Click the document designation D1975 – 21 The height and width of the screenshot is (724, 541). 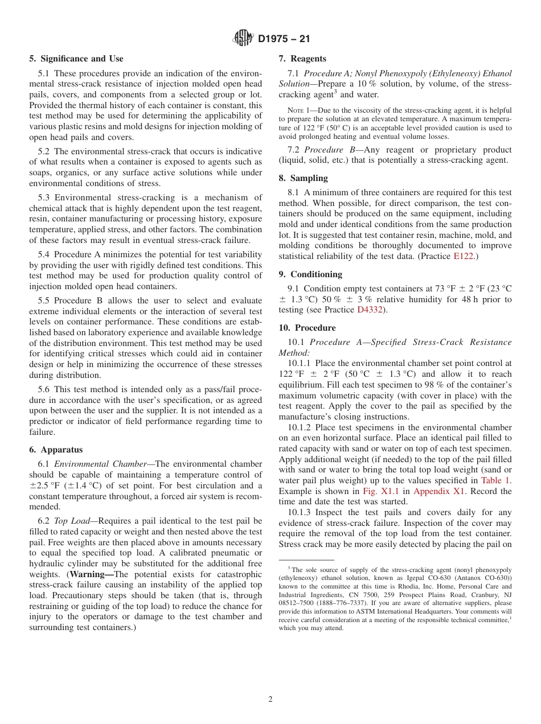coord(284,39)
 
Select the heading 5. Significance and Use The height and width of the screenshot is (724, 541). coord(76,59)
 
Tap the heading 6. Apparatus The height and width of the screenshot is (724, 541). coord(56,450)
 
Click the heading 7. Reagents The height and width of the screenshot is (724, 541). coord(302,59)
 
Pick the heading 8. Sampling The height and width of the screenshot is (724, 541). coord(303,178)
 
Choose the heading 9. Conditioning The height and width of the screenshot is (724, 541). coord(309,274)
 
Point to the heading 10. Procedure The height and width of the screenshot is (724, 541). coord(307,327)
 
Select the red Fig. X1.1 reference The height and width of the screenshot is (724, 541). coord(377,491)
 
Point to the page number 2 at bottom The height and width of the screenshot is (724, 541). coord(270,700)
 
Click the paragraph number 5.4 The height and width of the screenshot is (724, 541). coord(44,254)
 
